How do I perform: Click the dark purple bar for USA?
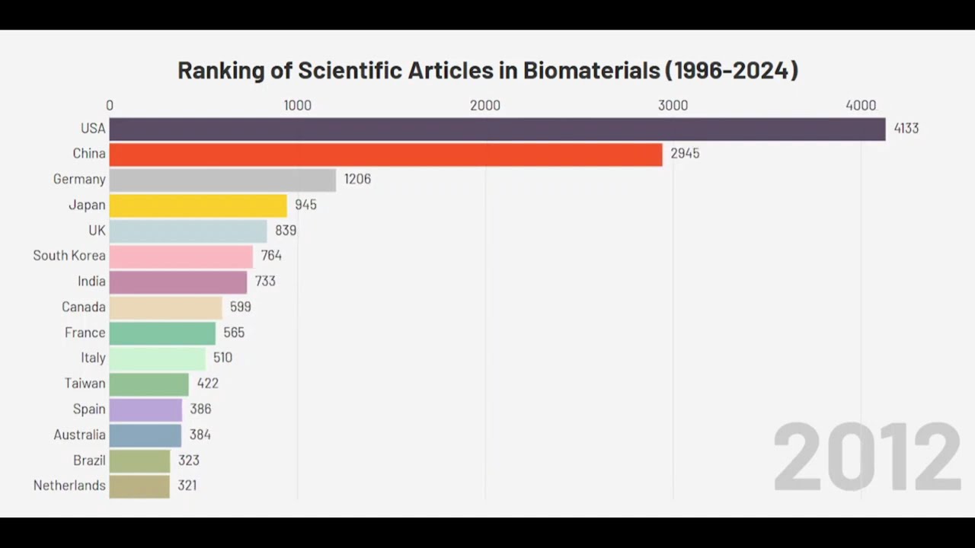497,129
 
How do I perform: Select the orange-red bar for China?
385,154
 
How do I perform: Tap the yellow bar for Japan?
198,205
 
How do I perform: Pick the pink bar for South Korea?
181,256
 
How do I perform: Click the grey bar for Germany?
222,180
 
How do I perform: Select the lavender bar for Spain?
145,409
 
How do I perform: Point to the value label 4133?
906,129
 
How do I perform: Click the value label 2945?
685,154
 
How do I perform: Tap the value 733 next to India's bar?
265,282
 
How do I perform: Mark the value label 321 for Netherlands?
187,486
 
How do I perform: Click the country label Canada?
84,307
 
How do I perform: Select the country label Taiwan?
85,384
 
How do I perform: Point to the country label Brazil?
89,460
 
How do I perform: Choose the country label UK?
97,231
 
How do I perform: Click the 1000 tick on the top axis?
297,106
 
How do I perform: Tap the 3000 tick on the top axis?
673,106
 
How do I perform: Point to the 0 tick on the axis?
110,106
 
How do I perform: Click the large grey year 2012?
867,458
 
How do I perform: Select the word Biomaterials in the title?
591,70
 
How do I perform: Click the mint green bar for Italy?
157,358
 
